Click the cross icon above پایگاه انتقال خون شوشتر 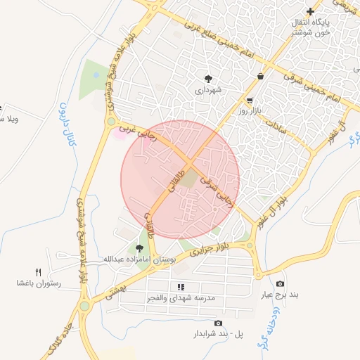point(310,11)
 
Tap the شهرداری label point(210,89)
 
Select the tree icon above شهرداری point(209,78)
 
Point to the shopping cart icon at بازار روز point(250,100)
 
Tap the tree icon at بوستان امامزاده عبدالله point(139,247)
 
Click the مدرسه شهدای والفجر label point(181,298)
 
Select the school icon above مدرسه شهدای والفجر point(181,287)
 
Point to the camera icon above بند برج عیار point(281,283)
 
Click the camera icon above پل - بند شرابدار point(218,323)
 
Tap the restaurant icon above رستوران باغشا point(39,272)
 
